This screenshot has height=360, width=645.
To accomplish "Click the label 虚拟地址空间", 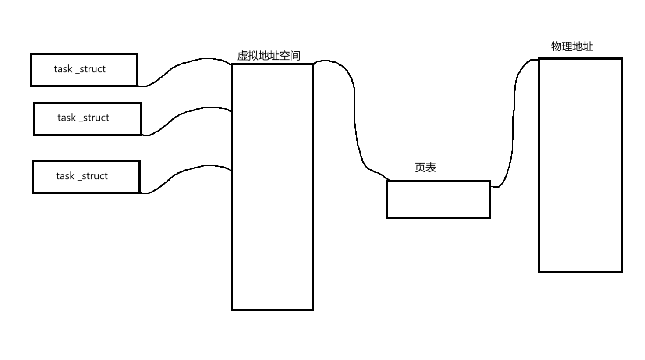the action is click(269, 56).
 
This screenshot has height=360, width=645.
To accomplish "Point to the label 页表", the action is click(425, 168).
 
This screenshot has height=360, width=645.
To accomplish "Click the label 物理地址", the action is click(572, 46).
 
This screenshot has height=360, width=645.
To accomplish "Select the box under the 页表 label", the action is click(438, 200).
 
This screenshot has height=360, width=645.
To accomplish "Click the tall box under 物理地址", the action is click(580, 165).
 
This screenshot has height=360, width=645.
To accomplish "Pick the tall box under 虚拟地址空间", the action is click(272, 187).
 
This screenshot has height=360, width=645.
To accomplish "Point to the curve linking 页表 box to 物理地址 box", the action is click(513, 132).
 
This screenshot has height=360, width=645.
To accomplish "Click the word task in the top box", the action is click(63, 69).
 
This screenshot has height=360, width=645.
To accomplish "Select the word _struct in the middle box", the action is click(94, 118).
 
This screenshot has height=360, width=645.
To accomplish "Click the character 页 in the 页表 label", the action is click(420, 168).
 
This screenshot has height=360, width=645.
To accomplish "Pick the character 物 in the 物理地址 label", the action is click(556, 46).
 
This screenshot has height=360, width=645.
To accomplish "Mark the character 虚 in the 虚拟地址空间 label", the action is click(242, 56).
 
